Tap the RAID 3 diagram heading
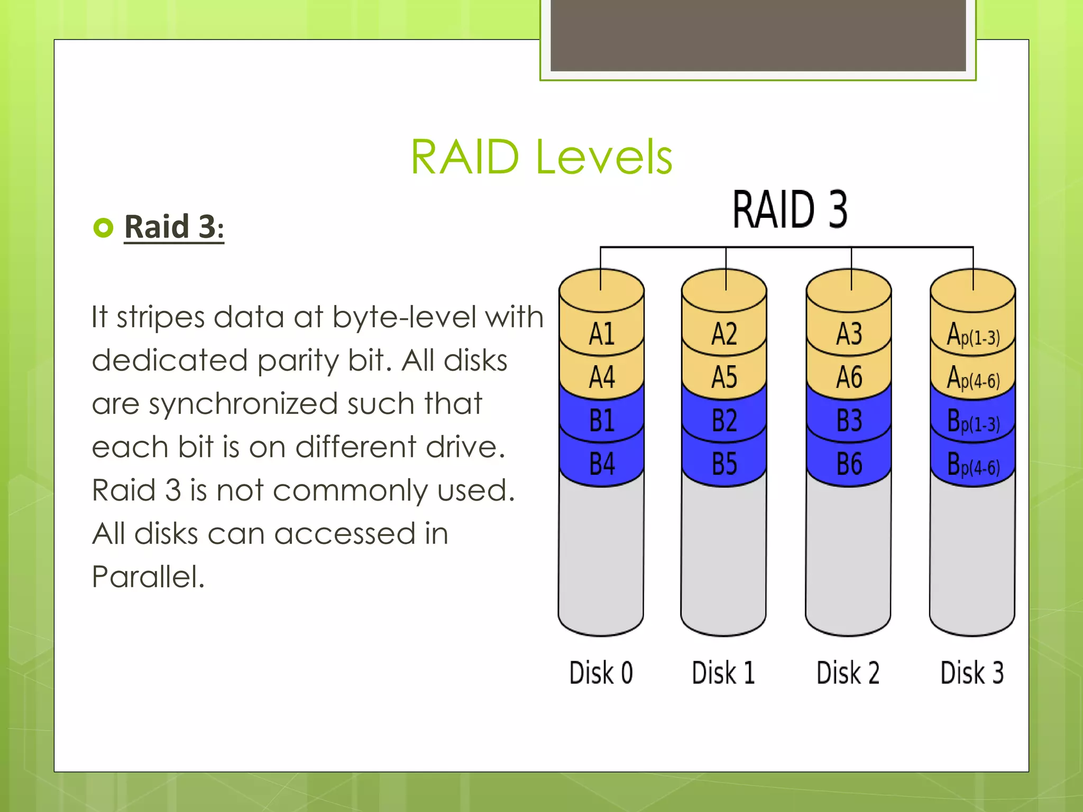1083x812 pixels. (790, 210)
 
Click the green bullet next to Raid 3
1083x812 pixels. (103, 228)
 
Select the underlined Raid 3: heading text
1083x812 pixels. (174, 227)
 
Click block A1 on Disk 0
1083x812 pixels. (602, 334)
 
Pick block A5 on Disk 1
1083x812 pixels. (724, 377)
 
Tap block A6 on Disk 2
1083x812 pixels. (849, 377)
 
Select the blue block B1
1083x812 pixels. (602, 421)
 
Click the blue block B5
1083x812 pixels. (724, 464)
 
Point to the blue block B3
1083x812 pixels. (849, 421)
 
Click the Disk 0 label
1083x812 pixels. (601, 673)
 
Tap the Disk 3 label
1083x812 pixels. (972, 673)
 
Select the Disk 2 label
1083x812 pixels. (848, 673)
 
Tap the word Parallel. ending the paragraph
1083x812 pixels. (148, 577)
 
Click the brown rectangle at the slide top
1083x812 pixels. (758, 35)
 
